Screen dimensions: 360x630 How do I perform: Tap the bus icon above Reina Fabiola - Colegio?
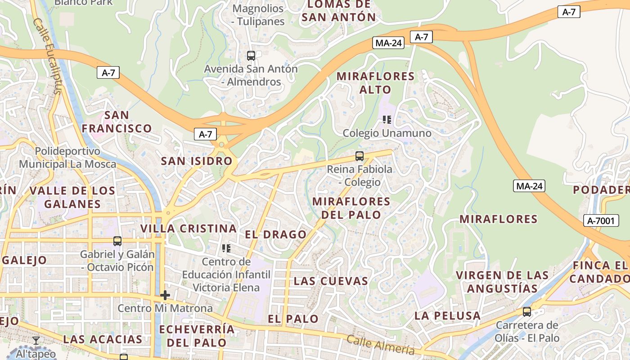coord(359,156)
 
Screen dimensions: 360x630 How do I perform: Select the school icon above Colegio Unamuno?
coord(387,120)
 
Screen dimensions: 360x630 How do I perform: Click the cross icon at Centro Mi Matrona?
coord(165,295)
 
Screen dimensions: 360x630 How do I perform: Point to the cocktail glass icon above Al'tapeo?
coord(36,341)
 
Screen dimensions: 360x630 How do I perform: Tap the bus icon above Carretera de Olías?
coord(526,311)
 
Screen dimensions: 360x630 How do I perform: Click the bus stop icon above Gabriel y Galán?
coord(117,241)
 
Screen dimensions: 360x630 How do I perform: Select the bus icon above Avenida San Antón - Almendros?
coord(251,56)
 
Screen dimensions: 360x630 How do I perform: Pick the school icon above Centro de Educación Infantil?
coord(226,248)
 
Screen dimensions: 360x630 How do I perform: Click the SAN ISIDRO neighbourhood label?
coord(197,161)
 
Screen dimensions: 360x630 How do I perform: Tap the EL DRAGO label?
coord(275,234)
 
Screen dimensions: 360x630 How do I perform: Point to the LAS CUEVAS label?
coord(331,281)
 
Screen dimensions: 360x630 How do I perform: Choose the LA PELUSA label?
coord(447,316)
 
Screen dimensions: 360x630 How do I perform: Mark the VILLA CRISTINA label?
coord(188,229)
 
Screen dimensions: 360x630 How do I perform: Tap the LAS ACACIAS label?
coord(103,339)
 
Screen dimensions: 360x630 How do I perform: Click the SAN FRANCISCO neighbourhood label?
coord(117,122)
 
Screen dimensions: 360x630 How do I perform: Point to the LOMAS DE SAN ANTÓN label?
coord(338,11)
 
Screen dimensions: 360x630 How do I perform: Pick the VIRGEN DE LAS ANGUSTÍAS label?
coord(502,282)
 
